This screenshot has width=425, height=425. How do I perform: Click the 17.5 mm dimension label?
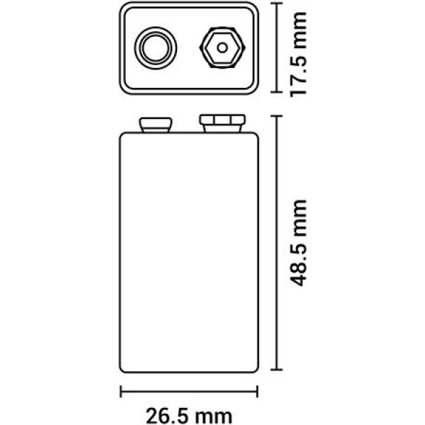coord(298,55)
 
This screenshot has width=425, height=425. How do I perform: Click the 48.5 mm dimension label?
coord(298,243)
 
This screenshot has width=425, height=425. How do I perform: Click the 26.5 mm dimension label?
coord(189,416)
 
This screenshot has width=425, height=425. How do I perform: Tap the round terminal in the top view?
coord(156,48)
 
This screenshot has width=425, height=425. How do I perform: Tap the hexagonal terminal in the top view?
coord(222,47)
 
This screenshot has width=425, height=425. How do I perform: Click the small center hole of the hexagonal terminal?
coord(222,47)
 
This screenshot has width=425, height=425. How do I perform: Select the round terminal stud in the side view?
coord(156,125)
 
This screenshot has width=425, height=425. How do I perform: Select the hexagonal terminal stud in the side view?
coord(222,123)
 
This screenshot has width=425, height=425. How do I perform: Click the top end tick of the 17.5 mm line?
coord(277,4)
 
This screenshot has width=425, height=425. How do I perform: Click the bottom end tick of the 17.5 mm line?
coord(277,92)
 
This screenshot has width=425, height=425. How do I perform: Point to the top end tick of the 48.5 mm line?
coord(277,116)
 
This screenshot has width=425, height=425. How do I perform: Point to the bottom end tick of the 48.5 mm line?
coord(277,369)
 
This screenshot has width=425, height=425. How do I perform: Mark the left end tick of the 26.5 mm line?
coord(121,392)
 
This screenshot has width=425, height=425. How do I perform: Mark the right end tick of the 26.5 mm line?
coord(257,392)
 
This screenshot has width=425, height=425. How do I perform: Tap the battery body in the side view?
coord(189,252)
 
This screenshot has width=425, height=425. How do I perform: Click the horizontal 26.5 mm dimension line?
coord(189,392)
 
